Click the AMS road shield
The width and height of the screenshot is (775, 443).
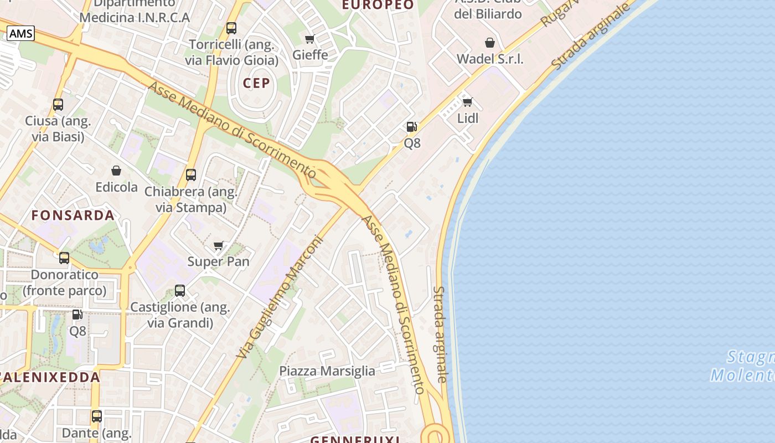[x=21, y=34]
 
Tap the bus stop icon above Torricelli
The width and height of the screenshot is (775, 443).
[x=231, y=28]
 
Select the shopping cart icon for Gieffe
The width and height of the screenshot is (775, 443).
[x=310, y=39]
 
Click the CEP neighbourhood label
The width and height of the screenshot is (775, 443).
[x=256, y=83]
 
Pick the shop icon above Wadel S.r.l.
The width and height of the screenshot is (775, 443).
[x=490, y=43]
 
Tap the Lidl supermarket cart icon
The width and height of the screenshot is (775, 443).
[x=468, y=102]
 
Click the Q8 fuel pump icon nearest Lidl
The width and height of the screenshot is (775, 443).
[x=411, y=127]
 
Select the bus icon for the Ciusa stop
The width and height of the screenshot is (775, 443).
[x=58, y=104]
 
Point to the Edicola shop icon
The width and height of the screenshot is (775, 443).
[x=116, y=171]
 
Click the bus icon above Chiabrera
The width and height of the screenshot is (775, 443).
[x=191, y=175]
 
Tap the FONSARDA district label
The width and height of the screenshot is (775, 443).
[x=73, y=215]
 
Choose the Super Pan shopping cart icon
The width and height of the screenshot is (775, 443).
[x=219, y=245]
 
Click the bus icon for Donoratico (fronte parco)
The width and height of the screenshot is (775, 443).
[x=64, y=257]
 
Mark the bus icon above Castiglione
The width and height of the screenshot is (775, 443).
[x=180, y=290]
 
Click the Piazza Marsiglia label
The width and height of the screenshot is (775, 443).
[x=327, y=370]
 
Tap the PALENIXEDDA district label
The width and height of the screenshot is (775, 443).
[x=50, y=377]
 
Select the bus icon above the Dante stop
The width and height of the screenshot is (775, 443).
[x=97, y=416]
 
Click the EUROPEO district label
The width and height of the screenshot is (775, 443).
[x=378, y=5]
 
